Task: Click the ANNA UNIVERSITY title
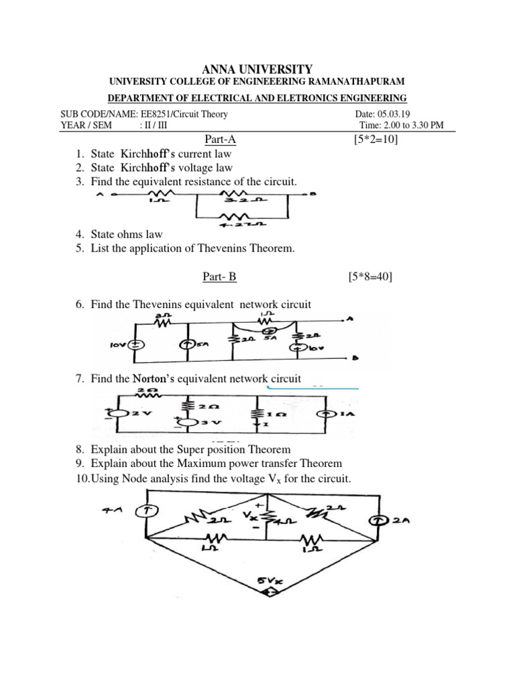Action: coord(257,68)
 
